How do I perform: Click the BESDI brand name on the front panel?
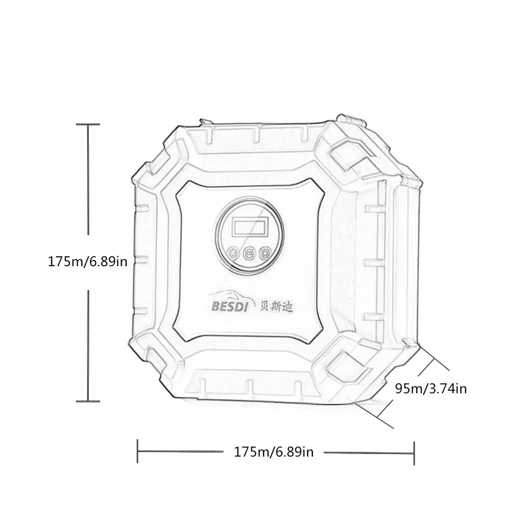click(230, 307)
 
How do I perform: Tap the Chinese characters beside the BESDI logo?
click(276, 306)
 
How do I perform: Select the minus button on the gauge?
click(249, 254)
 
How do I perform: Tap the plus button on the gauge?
click(265, 254)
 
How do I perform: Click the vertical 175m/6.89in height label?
click(88, 262)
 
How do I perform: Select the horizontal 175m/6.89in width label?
click(274, 452)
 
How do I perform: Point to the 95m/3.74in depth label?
click(431, 389)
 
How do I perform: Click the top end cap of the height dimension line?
click(88, 124)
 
